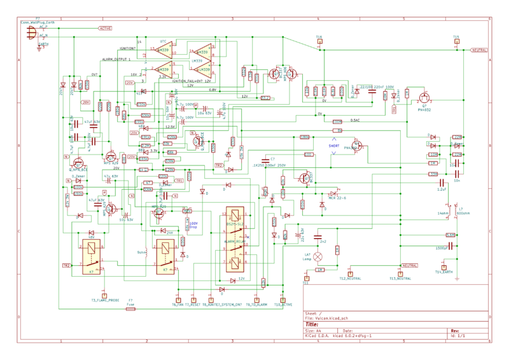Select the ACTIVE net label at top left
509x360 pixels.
click(x=106, y=28)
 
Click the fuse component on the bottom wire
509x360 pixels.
click(x=130, y=308)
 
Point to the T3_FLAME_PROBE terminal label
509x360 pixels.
click(x=105, y=300)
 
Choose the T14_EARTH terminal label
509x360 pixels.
click(x=445, y=272)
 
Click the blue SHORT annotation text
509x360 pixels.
click(x=334, y=146)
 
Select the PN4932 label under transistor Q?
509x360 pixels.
click(x=425, y=110)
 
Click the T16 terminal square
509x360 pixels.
click(x=319, y=41)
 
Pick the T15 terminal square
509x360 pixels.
click(x=456, y=41)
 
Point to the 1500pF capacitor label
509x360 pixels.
click(x=442, y=247)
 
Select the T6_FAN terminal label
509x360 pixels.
click(x=178, y=305)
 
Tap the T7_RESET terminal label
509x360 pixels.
click(x=193, y=305)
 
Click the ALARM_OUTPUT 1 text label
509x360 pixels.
click(x=116, y=59)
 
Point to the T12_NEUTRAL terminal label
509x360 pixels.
click(x=350, y=279)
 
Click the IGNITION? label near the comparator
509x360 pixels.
click(x=127, y=48)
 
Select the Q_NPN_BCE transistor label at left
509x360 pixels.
click(x=78, y=170)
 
